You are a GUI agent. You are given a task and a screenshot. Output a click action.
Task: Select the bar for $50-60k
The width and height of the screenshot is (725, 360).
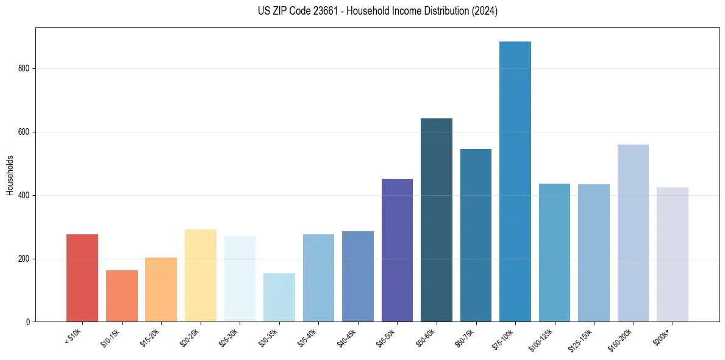pyautogui.click(x=437, y=220)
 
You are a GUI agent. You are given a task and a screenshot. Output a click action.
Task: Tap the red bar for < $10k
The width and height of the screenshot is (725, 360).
pyautogui.click(x=82, y=278)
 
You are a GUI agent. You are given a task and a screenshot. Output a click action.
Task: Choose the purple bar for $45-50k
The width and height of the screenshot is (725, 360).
pyautogui.click(x=397, y=250)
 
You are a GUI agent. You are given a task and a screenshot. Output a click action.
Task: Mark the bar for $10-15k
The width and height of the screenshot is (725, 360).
pyautogui.click(x=122, y=296)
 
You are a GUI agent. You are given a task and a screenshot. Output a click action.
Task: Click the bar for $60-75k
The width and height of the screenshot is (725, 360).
pyautogui.click(x=476, y=236)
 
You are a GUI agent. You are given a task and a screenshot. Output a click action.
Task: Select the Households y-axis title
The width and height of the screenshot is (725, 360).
pyautogui.click(x=10, y=175)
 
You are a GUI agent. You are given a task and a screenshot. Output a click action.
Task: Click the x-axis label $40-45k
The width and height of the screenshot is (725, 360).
pyautogui.click(x=348, y=337)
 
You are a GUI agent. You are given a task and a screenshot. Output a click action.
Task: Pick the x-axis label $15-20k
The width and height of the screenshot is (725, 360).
pyautogui.click(x=151, y=337)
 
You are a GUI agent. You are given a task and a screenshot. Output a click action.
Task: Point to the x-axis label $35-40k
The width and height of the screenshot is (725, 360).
pyautogui.click(x=308, y=337)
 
